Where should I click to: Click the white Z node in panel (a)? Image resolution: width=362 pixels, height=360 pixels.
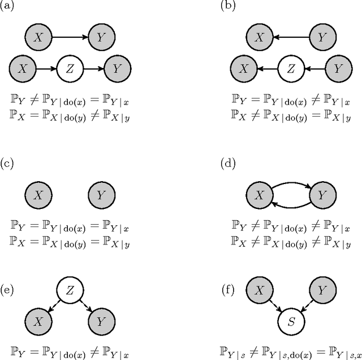(70, 69)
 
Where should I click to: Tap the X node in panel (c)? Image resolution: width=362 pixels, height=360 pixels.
(38, 195)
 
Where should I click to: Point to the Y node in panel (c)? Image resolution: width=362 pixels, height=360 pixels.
(101, 195)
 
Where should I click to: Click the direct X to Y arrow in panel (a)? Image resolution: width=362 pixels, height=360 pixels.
(70, 37)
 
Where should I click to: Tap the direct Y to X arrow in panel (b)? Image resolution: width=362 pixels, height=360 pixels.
(292, 37)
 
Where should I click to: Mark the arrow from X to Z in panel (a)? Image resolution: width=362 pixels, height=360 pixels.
(46, 69)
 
